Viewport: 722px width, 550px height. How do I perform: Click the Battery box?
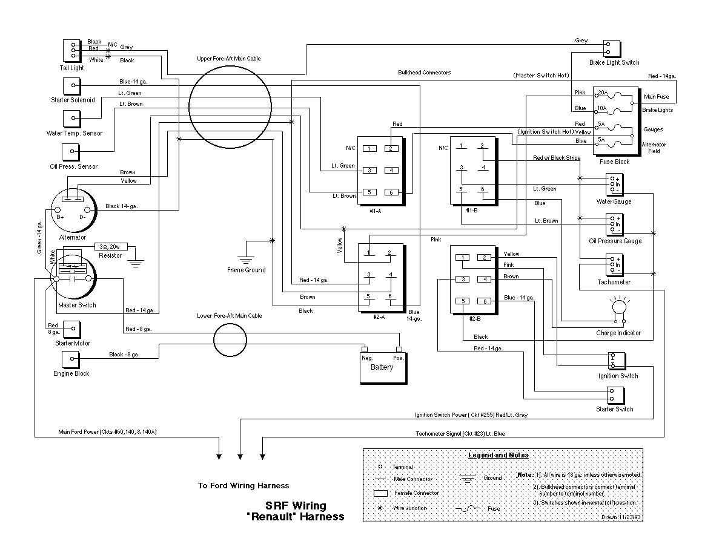[383, 367]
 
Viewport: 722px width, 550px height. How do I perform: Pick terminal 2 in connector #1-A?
[392, 148]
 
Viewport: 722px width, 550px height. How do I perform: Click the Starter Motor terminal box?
[73, 330]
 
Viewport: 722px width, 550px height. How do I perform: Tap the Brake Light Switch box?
[613, 49]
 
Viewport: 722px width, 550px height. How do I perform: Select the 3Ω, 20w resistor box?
[111, 247]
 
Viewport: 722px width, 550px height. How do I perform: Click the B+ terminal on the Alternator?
[61, 211]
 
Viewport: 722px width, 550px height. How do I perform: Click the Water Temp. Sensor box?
[73, 117]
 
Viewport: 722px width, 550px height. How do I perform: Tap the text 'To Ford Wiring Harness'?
[243, 485]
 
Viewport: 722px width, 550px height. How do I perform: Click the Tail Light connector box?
[72, 51]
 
